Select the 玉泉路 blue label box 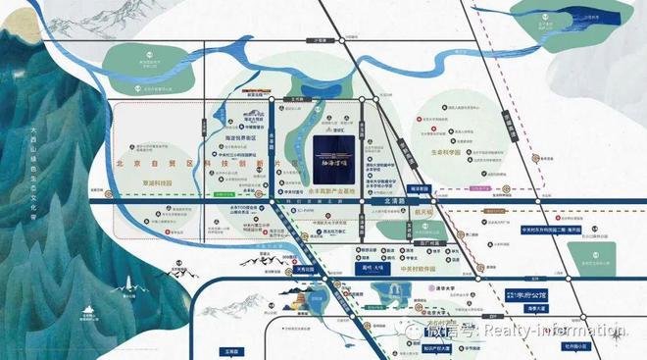click(x=229, y=344)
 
